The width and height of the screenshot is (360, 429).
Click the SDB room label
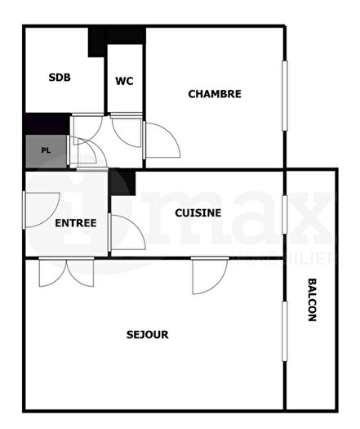click(60, 78)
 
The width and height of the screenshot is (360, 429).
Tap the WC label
click(124, 81)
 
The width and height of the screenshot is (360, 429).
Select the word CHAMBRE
click(215, 94)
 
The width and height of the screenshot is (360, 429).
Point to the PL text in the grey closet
click(47, 150)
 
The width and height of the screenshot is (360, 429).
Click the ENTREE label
click(76, 223)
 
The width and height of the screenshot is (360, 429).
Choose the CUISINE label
click(198, 212)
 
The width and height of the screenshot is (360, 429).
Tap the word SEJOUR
click(148, 334)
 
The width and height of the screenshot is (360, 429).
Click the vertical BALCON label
click(312, 301)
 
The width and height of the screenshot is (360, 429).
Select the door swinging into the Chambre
click(162, 140)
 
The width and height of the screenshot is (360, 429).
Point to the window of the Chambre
click(286, 95)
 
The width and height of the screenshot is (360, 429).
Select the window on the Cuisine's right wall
click(285, 215)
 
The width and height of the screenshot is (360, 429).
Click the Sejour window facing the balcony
click(285, 331)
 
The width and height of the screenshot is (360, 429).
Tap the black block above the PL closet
click(46, 123)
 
